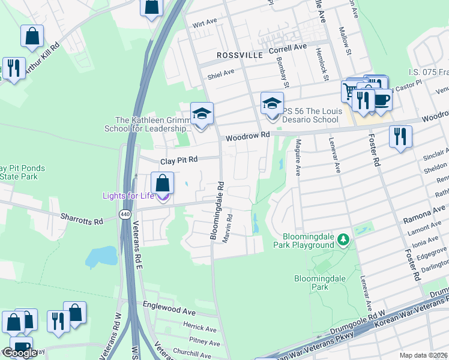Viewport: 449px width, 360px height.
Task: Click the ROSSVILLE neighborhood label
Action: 240,55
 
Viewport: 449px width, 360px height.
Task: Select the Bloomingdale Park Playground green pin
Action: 343,240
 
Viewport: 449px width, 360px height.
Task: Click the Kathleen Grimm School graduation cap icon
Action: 202,113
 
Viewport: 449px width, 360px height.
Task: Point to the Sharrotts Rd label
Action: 81,218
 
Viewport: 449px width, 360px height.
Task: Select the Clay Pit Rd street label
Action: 178,161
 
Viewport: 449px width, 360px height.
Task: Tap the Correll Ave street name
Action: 288,47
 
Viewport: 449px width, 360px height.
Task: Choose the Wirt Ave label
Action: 205,22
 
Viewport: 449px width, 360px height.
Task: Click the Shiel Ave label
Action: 220,73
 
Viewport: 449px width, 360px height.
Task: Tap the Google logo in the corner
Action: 20,353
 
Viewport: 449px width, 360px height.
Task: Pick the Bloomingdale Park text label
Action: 312,283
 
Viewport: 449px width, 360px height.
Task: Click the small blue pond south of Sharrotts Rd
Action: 100,257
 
